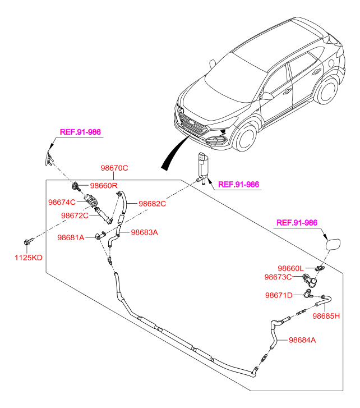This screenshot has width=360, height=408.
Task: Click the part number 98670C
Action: [x=114, y=168]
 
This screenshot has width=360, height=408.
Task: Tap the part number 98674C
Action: [x=62, y=202]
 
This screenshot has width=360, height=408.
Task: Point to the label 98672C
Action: [x=75, y=216]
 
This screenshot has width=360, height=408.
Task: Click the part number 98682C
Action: [x=153, y=204]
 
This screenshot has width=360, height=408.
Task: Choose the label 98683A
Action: [x=145, y=232]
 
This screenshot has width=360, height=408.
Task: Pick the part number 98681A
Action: [x=71, y=238]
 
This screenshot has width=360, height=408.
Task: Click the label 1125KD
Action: [x=28, y=258]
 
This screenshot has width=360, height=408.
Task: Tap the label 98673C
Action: [x=278, y=277]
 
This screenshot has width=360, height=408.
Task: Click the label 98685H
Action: [x=326, y=316]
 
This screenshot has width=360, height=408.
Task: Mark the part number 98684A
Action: [x=303, y=340]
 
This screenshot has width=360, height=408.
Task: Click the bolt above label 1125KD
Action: [x=29, y=242]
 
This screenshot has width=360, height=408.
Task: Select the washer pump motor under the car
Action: [x=202, y=166]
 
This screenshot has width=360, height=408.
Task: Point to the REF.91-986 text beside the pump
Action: [x=238, y=184]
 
